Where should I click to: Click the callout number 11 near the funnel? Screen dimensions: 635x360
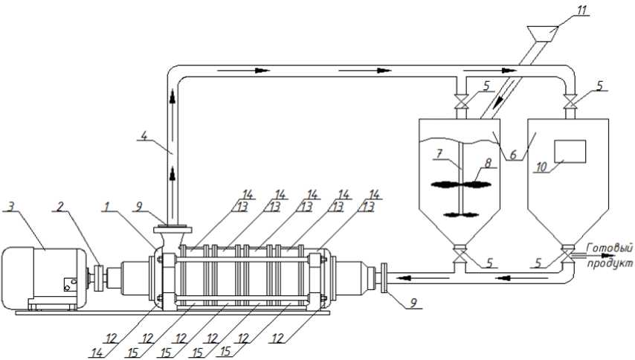(581, 11)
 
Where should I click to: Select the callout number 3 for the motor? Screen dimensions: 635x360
(11, 206)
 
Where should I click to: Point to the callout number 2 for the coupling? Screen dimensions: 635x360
(60, 206)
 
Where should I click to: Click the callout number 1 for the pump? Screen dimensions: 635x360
(106, 206)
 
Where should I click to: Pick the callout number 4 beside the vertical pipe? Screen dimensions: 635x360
(143, 135)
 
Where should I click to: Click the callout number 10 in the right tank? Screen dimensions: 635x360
(541, 167)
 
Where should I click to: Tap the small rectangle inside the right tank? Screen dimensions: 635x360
(570, 152)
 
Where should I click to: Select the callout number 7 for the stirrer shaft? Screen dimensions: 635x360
(439, 154)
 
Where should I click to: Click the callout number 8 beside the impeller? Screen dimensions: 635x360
(488, 163)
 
